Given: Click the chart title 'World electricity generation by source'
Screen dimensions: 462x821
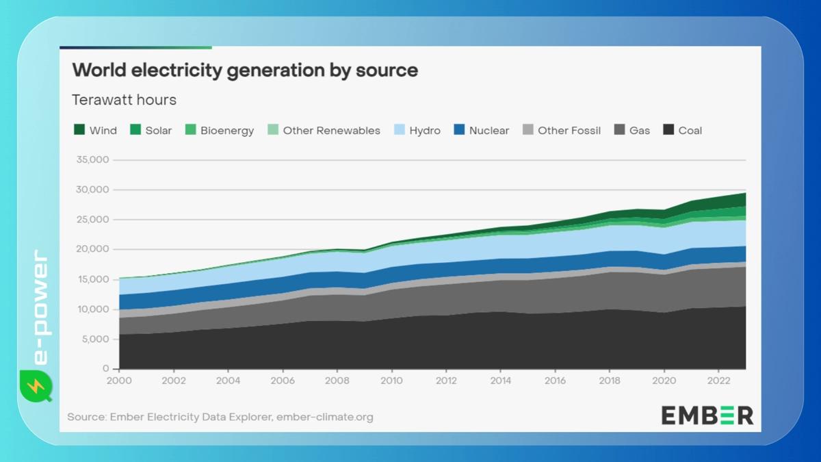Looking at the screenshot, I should tap(245, 70).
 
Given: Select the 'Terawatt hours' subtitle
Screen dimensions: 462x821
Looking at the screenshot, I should tap(124, 100).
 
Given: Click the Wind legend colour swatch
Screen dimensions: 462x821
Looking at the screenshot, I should tap(79, 130).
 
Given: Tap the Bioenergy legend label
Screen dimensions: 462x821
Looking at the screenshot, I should tap(226, 131).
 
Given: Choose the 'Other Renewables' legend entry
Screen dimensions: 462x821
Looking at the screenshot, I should tap(331, 131).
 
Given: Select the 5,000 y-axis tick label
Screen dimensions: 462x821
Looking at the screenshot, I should tap(93, 339).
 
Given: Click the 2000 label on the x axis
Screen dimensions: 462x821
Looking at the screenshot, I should tap(119, 381).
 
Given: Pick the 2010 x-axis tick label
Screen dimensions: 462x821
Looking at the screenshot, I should tap(391, 381).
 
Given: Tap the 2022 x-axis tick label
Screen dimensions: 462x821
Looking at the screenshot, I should tap(718, 381).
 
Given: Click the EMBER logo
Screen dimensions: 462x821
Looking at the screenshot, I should tap(707, 415).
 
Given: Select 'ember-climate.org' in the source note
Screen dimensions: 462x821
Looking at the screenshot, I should tap(324, 417).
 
